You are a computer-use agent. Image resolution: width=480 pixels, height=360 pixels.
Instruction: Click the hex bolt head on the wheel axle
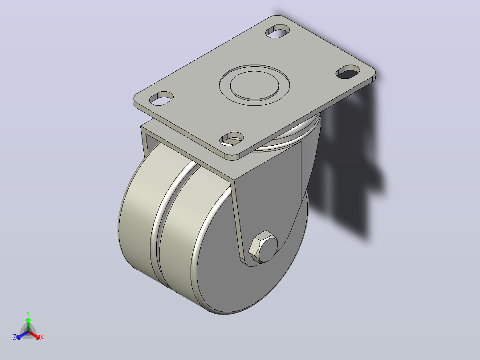263,247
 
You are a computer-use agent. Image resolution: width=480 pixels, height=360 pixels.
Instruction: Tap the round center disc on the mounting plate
254,85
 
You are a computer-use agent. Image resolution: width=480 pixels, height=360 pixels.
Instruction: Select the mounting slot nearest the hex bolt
232,139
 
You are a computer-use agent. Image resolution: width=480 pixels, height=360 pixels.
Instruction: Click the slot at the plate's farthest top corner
278,31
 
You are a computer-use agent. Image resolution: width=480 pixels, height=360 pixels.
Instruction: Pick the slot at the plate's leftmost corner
161,98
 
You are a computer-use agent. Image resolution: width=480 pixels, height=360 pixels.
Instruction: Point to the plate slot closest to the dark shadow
348,72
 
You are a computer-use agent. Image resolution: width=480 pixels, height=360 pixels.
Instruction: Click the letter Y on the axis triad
28,313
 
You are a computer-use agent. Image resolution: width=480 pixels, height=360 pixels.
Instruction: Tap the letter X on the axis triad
42,337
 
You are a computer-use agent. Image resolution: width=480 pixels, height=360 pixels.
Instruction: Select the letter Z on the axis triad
15,337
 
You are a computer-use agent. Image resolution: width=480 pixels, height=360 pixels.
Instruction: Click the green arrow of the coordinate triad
28,325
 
